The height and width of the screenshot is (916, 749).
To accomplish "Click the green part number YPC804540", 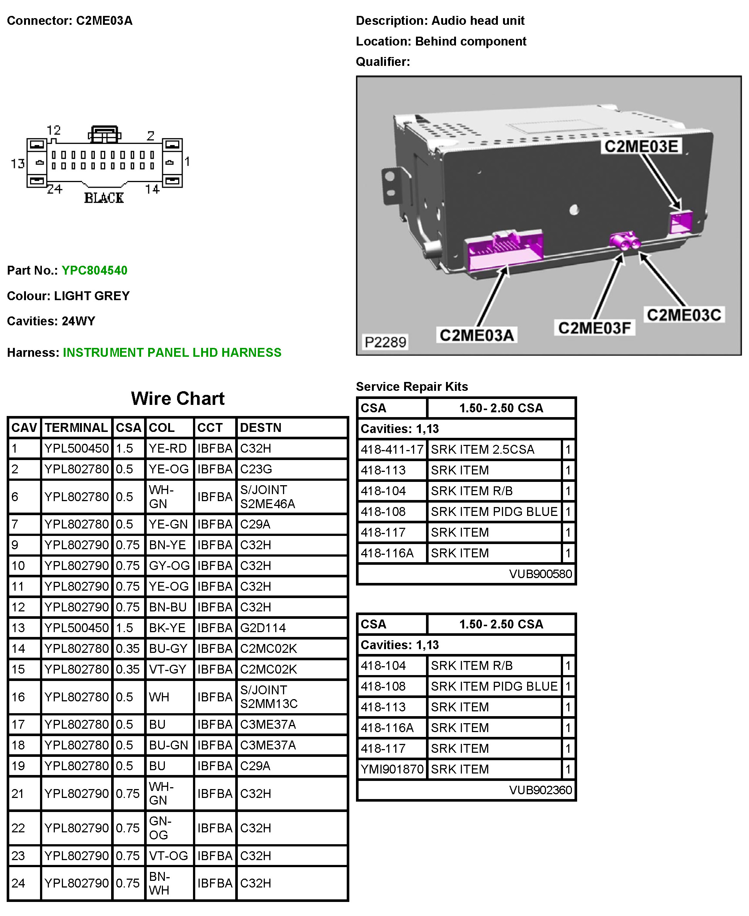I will coord(94,270).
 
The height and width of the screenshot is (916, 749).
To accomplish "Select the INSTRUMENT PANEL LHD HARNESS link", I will coord(172,353).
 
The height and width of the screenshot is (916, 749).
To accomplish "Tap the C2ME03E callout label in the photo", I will coord(641,146).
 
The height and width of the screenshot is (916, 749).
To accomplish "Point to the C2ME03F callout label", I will coord(594,328).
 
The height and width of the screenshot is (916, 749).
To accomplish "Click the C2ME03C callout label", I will coord(683,315).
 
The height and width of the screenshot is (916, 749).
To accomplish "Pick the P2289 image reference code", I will coord(385,342).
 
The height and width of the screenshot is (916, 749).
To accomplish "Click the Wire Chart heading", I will coord(177,398).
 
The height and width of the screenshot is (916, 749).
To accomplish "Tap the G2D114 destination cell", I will coord(262,628).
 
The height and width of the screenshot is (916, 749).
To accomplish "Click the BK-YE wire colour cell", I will coord(167,628).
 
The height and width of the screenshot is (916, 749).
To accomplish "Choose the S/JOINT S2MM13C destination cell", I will coord(268,697).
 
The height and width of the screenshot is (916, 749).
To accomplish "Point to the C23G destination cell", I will coord(256,469).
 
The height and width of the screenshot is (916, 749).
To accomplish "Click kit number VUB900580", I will coord(540,574).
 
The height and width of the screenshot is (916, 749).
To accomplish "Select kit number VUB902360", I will coord(540,790).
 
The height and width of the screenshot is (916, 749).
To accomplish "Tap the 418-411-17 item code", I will coord(392,450).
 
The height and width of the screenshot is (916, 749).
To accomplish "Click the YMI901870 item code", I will coord(392,769).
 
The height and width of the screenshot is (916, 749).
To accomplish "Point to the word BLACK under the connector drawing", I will coord(104,198).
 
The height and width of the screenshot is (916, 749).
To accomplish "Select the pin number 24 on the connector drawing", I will coord(54,189).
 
